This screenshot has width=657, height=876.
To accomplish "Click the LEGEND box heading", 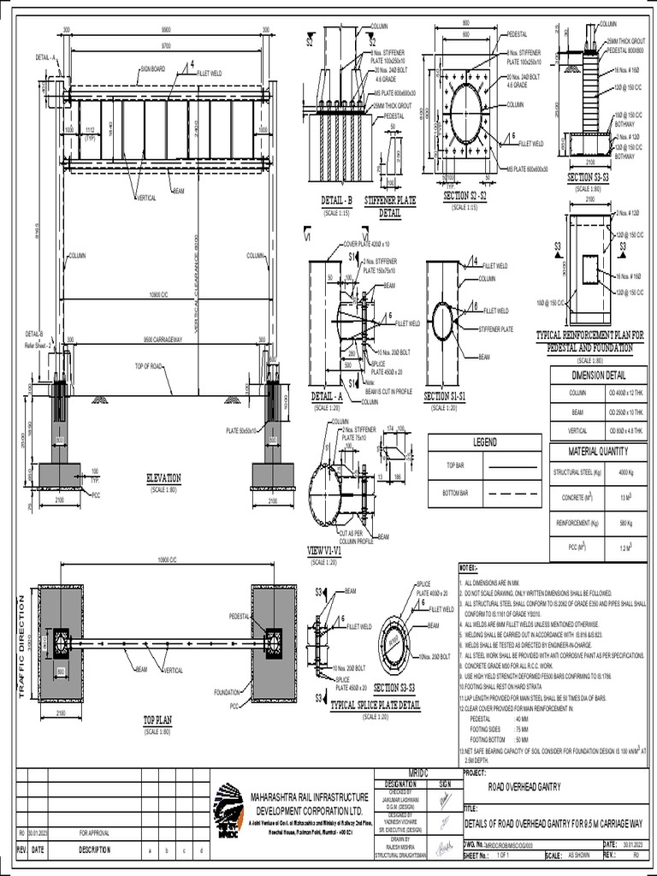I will [484, 442].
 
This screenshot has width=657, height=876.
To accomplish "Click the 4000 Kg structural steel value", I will [625, 471].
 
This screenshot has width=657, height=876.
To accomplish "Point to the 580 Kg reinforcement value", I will [625, 522].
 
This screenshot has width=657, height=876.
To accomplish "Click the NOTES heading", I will [469, 567].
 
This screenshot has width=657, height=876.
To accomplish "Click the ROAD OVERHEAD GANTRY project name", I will [524, 787].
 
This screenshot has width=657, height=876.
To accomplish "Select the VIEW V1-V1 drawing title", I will [324, 553].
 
